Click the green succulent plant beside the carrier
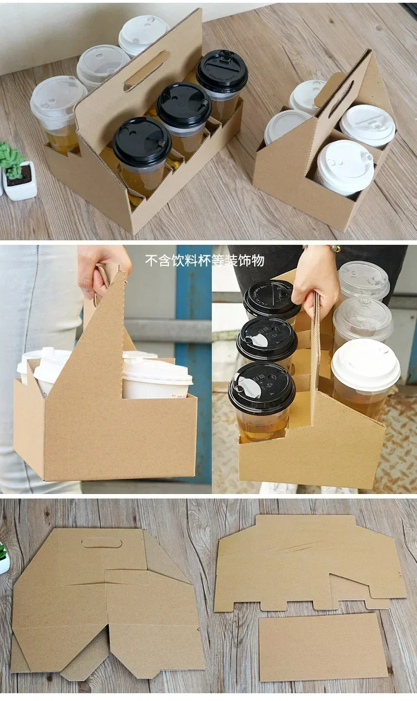click(x=11, y=159)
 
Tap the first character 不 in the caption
click(x=151, y=260)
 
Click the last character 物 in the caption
click(x=258, y=260)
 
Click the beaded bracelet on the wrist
click(x=334, y=248)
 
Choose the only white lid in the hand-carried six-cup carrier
click(x=365, y=364)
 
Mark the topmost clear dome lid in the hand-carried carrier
click(x=364, y=279)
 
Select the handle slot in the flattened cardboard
click(x=102, y=542)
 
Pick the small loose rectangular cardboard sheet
click(x=323, y=646)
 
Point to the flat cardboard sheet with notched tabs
click(x=309, y=562)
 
